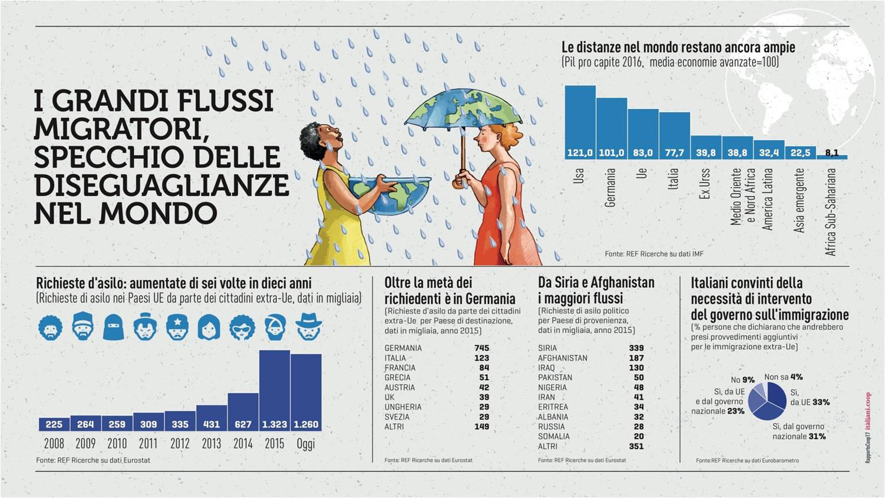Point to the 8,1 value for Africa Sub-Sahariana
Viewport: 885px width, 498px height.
(x=831, y=152)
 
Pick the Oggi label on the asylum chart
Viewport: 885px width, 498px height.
(x=305, y=444)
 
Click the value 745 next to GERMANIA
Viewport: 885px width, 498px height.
(x=481, y=348)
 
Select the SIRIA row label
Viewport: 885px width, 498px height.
(x=547, y=348)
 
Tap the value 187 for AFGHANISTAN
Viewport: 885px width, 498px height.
(x=636, y=358)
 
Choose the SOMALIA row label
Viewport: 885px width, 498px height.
(x=553, y=436)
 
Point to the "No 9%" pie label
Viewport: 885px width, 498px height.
(x=742, y=380)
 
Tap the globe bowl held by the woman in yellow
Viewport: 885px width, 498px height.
(x=389, y=194)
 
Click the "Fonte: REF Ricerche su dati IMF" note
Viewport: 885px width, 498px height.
(x=653, y=254)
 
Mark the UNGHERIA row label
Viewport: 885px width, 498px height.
(x=403, y=407)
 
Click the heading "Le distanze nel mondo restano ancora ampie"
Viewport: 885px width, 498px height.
(x=678, y=48)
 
